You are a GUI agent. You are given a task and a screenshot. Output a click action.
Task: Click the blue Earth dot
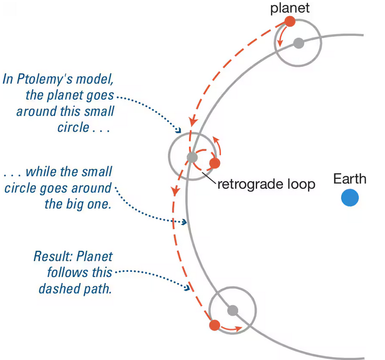pyautogui.click(x=350, y=198)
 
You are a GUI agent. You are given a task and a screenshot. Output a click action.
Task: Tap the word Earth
pyautogui.click(x=350, y=178)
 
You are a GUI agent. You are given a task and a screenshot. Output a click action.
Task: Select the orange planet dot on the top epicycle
pyautogui.click(x=289, y=22)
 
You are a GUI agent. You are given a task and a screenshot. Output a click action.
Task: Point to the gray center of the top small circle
pyautogui.click(x=299, y=43)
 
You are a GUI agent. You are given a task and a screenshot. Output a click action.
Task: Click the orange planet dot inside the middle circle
pyautogui.click(x=215, y=163)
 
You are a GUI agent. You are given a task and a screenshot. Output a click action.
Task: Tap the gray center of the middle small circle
pyautogui.click(x=192, y=157)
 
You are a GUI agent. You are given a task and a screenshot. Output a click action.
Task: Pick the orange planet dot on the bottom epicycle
pyautogui.click(x=214, y=325)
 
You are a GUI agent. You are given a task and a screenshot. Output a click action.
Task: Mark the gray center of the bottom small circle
pyautogui.click(x=233, y=310)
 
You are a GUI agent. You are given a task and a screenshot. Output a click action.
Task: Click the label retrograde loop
pyautogui.click(x=266, y=184)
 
